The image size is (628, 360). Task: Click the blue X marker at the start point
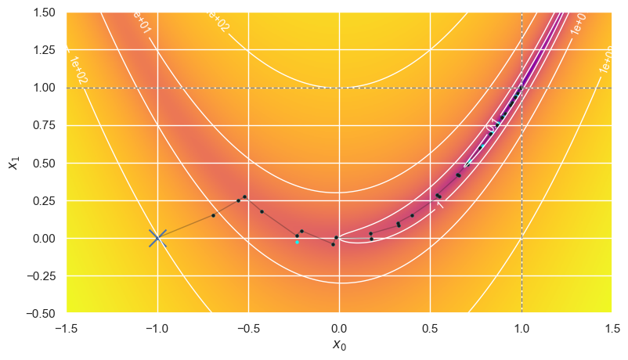(157, 238)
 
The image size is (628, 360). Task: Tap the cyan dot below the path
(297, 242)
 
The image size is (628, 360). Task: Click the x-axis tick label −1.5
(67, 326)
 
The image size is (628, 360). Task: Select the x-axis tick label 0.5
(430, 326)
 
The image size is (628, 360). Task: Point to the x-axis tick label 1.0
(521, 326)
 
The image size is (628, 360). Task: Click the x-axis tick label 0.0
(339, 326)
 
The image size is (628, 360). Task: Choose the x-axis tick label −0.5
(248, 326)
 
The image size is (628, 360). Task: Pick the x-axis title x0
(339, 344)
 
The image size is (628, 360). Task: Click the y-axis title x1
(13, 163)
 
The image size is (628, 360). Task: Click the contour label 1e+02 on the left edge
(77, 69)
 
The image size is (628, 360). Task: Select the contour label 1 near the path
(440, 204)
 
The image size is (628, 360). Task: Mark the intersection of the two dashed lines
(521, 88)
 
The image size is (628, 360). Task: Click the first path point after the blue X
(213, 215)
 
